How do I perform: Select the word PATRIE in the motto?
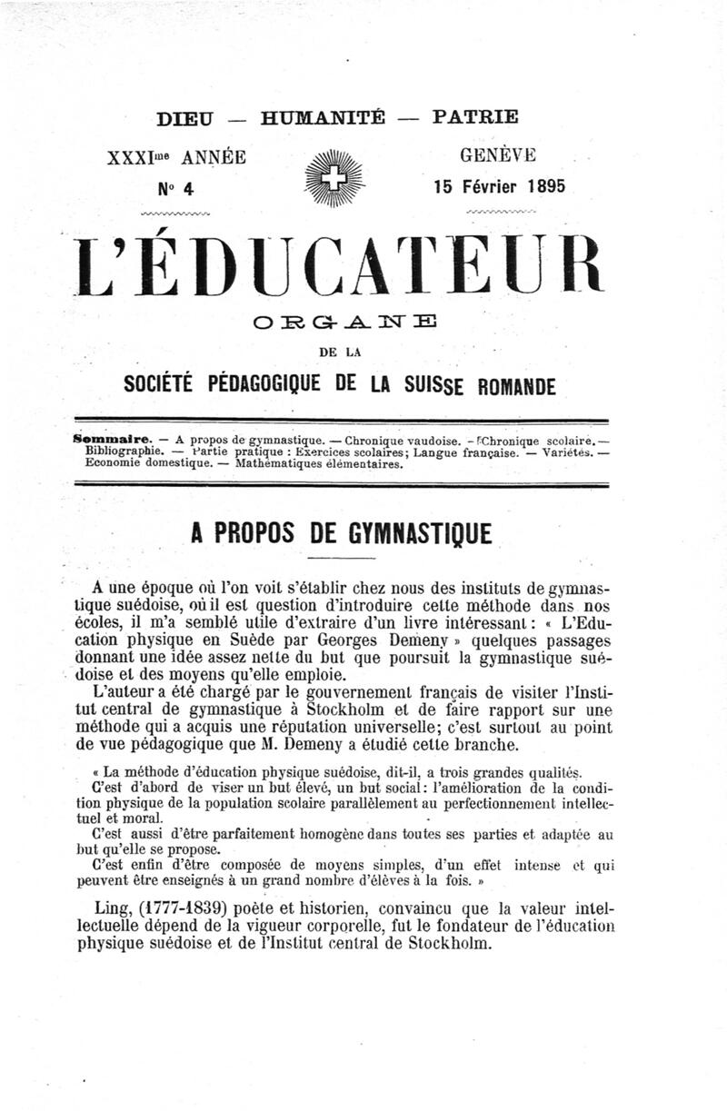click(476, 117)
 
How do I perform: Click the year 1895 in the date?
click(539, 186)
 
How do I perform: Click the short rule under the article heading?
click(343, 556)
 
